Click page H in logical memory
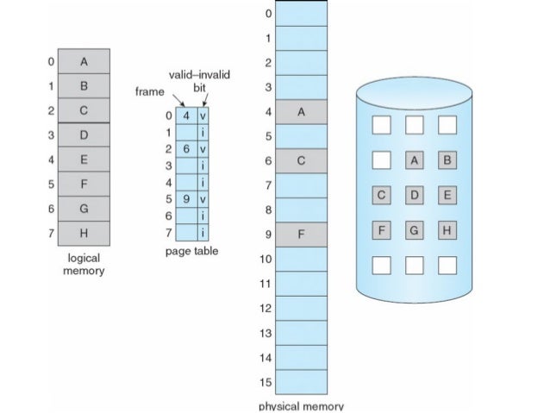point(84,233)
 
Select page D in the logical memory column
point(84,135)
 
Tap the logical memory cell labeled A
point(84,62)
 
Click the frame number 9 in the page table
point(186,198)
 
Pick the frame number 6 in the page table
point(186,148)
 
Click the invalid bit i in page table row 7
point(202,233)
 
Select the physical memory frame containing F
point(301,234)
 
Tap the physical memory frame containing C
point(301,160)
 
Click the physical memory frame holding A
point(301,112)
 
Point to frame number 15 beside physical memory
point(266,381)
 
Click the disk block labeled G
point(415,231)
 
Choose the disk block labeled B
point(447,160)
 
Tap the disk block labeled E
point(447,196)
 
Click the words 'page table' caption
point(191,252)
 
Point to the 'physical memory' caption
point(301,406)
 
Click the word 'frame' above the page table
point(150,91)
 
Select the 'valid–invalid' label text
point(193,77)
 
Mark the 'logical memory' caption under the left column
point(84,265)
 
